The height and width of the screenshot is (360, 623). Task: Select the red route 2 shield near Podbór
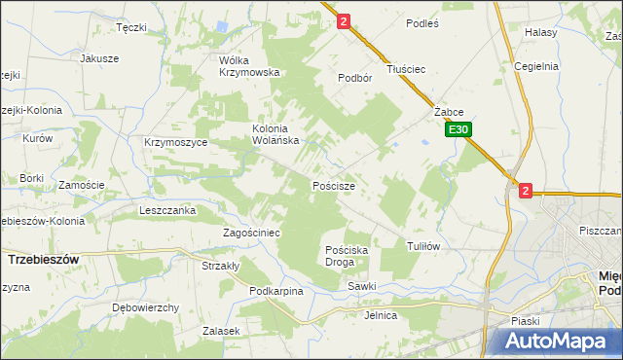344,20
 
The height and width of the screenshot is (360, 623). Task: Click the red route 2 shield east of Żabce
526,192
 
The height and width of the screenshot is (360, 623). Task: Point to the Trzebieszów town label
43,261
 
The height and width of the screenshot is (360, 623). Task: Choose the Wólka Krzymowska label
249,65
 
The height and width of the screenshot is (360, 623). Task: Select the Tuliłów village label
423,246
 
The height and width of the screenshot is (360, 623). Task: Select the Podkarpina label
276,291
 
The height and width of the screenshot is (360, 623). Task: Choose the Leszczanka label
167,210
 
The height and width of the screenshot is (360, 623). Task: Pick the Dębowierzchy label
146,307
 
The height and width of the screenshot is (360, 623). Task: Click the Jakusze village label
99,58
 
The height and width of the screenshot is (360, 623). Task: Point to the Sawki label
361,286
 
